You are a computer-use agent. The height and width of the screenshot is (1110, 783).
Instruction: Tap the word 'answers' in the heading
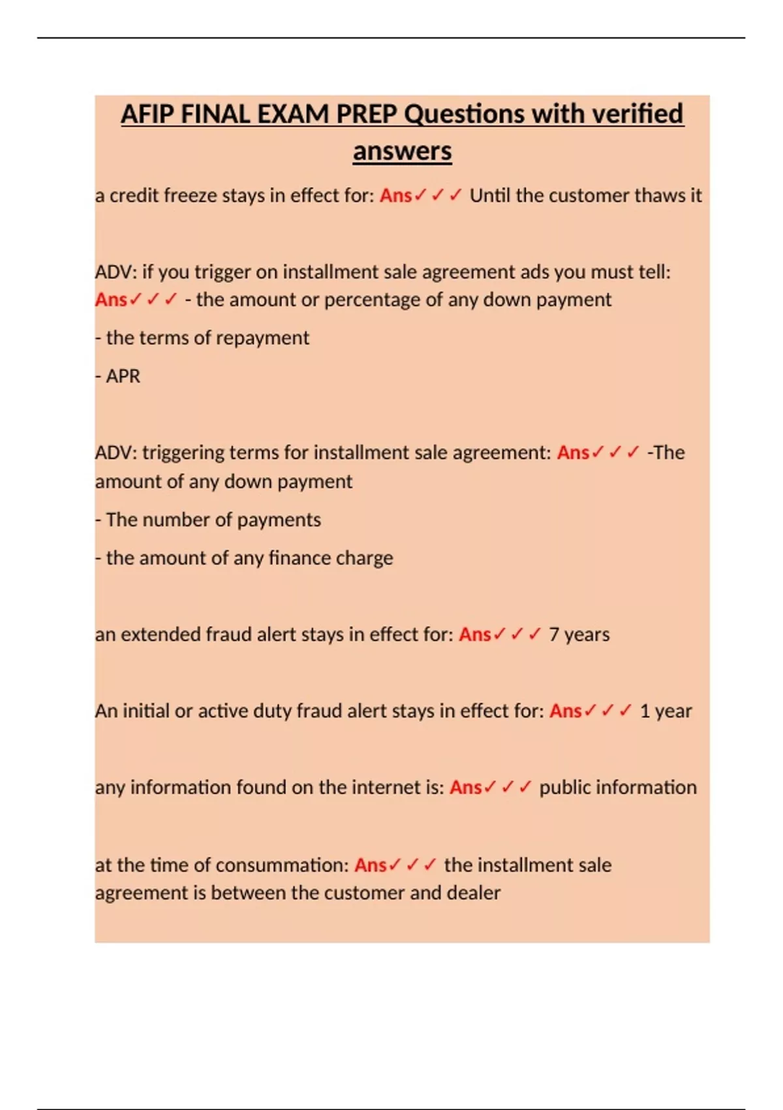tap(402, 151)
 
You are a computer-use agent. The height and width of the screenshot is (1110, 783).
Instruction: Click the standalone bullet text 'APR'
tap(123, 376)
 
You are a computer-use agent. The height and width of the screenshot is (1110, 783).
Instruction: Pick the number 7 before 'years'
tap(554, 634)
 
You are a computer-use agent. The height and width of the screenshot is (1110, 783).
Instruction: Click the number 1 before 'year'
tap(645, 710)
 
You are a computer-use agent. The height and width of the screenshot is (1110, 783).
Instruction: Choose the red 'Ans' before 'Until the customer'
tap(395, 195)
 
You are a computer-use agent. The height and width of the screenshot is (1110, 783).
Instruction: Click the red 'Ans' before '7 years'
tap(474, 634)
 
